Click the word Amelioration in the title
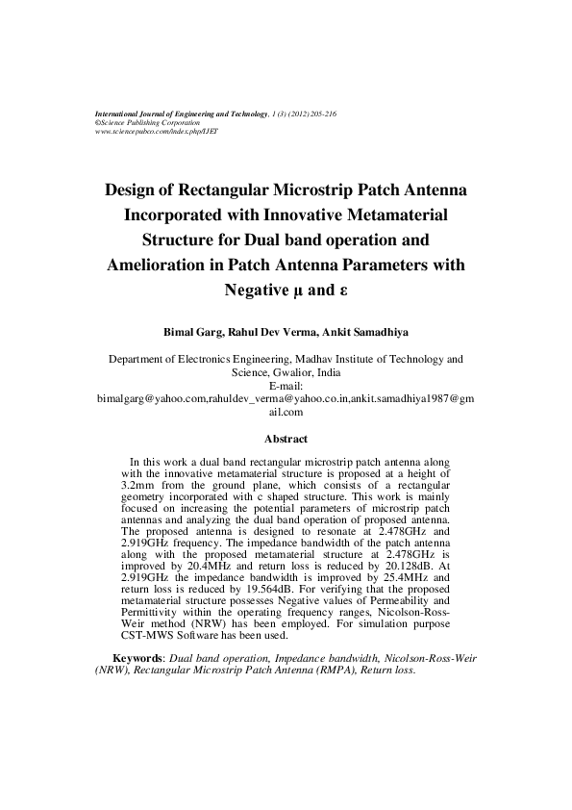[x=155, y=264]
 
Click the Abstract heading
[x=286, y=440]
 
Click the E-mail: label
[x=286, y=384]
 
